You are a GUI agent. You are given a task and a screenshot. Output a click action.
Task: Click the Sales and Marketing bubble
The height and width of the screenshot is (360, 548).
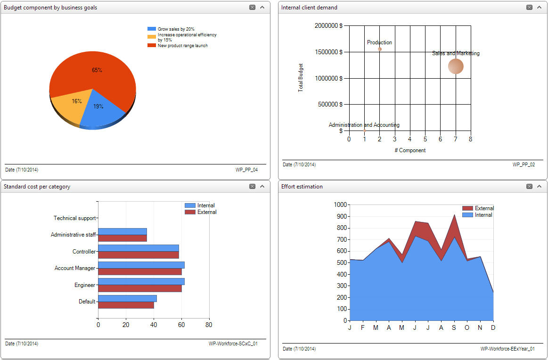pos(456,66)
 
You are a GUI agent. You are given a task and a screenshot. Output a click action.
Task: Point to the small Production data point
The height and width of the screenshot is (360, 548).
pos(380,49)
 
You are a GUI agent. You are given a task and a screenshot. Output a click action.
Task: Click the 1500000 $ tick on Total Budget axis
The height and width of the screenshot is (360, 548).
pos(328,52)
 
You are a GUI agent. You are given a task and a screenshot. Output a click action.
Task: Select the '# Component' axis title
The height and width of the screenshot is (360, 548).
pos(410,150)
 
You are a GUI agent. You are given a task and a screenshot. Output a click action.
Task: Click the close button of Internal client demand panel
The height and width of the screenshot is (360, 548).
pos(530,8)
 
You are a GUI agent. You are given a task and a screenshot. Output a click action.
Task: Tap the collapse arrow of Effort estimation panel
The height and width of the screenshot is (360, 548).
pos(540,187)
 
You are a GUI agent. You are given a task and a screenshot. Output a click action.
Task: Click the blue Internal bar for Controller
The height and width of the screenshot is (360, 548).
pos(138,248)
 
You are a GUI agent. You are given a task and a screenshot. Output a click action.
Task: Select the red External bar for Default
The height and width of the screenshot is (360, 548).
pos(126,305)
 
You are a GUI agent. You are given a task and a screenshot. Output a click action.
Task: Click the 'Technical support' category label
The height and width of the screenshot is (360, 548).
pos(74,218)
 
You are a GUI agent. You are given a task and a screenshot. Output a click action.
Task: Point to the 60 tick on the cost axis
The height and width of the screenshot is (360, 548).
pos(181,325)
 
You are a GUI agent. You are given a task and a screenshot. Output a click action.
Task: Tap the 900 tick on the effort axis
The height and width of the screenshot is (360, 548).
pos(340,216)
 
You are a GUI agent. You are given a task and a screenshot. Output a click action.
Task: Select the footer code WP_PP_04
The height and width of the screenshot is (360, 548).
pos(246,170)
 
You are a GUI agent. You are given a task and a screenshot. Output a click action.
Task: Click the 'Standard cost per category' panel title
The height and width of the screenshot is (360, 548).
pos(37,187)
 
